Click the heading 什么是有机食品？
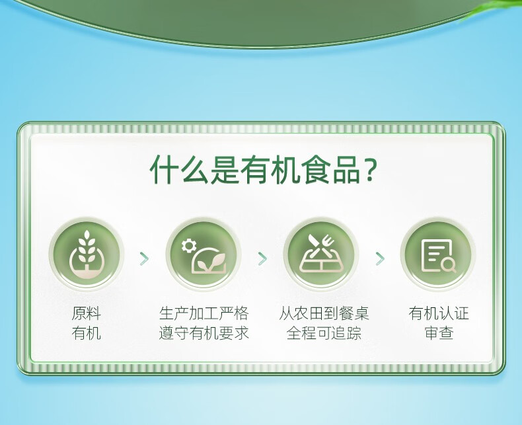pos(263,169)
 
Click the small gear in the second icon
pos(189,246)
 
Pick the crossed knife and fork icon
pos(321,254)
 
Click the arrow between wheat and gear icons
pos(144,259)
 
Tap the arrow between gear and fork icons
pos(262,259)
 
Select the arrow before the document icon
pos(380,259)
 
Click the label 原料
pos(86,313)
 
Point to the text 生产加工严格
pos(204,313)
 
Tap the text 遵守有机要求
pos(204,332)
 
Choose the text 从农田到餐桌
pos(324,313)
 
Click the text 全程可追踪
pos(324,332)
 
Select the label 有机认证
pos(439,313)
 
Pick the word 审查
pos(439,332)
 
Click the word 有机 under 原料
pos(86,332)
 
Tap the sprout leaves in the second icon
pos(211,261)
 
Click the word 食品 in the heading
pos(332,169)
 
